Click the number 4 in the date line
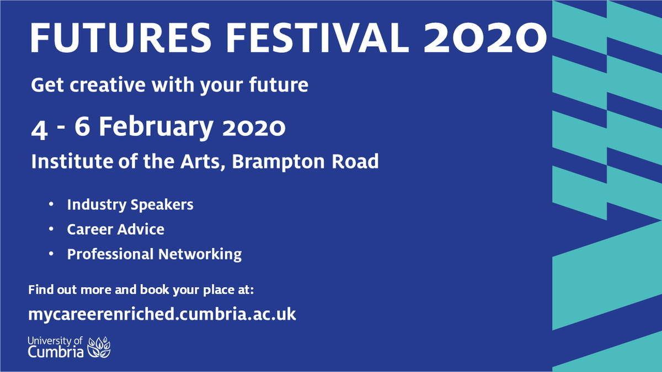pos(38,128)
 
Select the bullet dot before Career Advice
pos(51,229)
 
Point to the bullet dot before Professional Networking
pos(51,254)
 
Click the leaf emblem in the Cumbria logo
pos(100,346)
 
